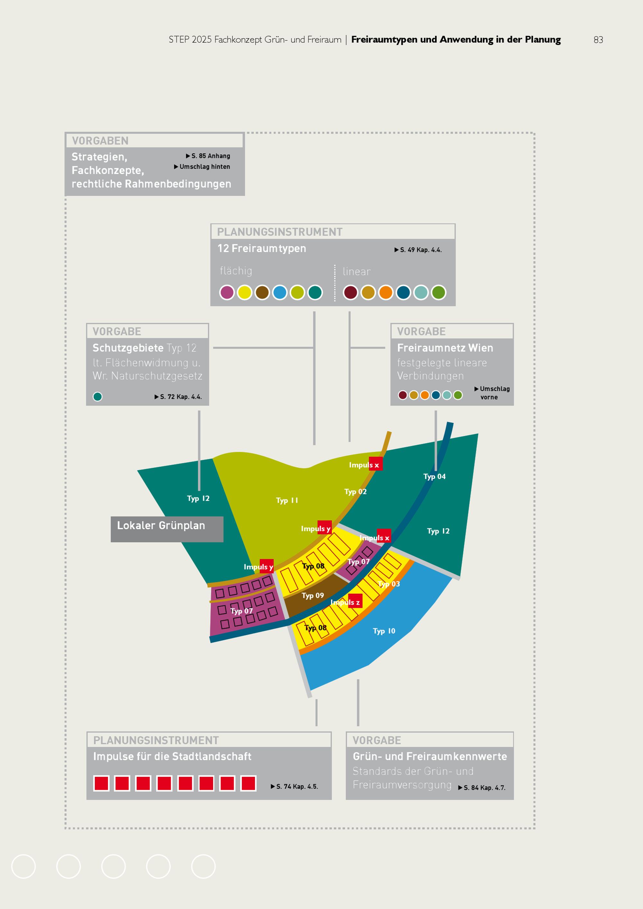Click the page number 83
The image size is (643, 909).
tap(598, 40)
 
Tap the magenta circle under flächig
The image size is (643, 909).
tap(227, 292)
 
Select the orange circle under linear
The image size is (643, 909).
tap(386, 292)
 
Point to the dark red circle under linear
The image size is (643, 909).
tap(350, 292)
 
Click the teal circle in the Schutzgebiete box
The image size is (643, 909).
tap(97, 397)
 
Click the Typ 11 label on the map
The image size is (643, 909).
tap(287, 500)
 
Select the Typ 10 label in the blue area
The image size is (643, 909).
tap(384, 631)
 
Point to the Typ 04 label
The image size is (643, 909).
tap(434, 477)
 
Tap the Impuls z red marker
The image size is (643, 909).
tap(355, 601)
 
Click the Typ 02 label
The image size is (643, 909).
tap(355, 492)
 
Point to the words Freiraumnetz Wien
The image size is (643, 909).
tap(445, 348)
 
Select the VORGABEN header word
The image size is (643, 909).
tap(100, 140)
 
